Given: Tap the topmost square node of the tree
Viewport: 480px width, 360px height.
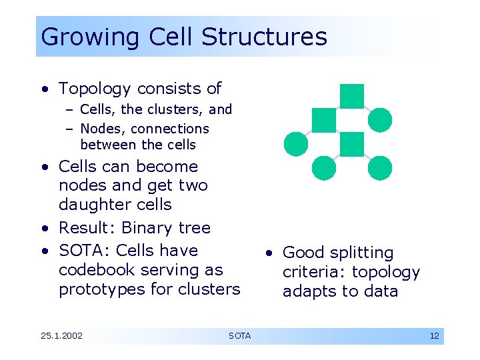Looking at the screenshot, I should [351, 96].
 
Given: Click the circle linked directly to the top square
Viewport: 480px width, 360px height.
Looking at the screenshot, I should [380, 120].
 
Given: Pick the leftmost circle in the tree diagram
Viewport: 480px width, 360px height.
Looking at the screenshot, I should [296, 143].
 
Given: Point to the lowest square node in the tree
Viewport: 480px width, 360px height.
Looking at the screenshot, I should [351, 144].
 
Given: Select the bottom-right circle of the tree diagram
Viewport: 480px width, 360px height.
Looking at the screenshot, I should [380, 167].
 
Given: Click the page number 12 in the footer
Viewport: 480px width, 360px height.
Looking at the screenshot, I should [434, 336].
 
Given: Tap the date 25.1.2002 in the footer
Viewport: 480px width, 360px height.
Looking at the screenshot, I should [61, 336].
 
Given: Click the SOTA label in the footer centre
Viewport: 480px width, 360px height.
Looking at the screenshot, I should [239, 336].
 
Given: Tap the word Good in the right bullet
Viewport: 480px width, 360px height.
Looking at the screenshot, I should [301, 253].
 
